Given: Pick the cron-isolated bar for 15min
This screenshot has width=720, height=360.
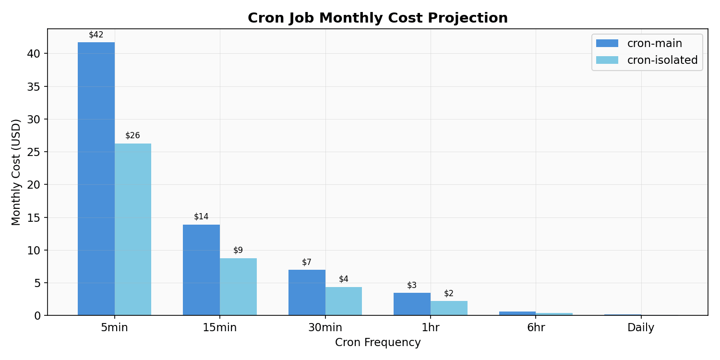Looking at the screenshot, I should [x=238, y=287].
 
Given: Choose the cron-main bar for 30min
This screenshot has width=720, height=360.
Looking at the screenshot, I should [x=307, y=292].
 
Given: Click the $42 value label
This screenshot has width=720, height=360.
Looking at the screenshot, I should [x=96, y=35].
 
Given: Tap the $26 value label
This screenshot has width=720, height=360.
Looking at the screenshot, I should [x=133, y=136].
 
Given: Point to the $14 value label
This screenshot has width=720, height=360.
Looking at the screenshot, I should [x=201, y=217].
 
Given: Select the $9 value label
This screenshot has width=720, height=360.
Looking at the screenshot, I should [x=238, y=251].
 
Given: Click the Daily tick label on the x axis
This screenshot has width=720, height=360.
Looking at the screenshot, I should [x=641, y=328].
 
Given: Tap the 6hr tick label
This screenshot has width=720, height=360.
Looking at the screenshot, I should [x=536, y=328].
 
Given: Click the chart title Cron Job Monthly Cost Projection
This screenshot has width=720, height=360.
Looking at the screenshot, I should [x=378, y=18].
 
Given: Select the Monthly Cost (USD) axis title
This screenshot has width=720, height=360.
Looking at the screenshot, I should [x=17, y=172].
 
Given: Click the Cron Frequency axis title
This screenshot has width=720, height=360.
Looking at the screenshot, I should [x=378, y=343].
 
